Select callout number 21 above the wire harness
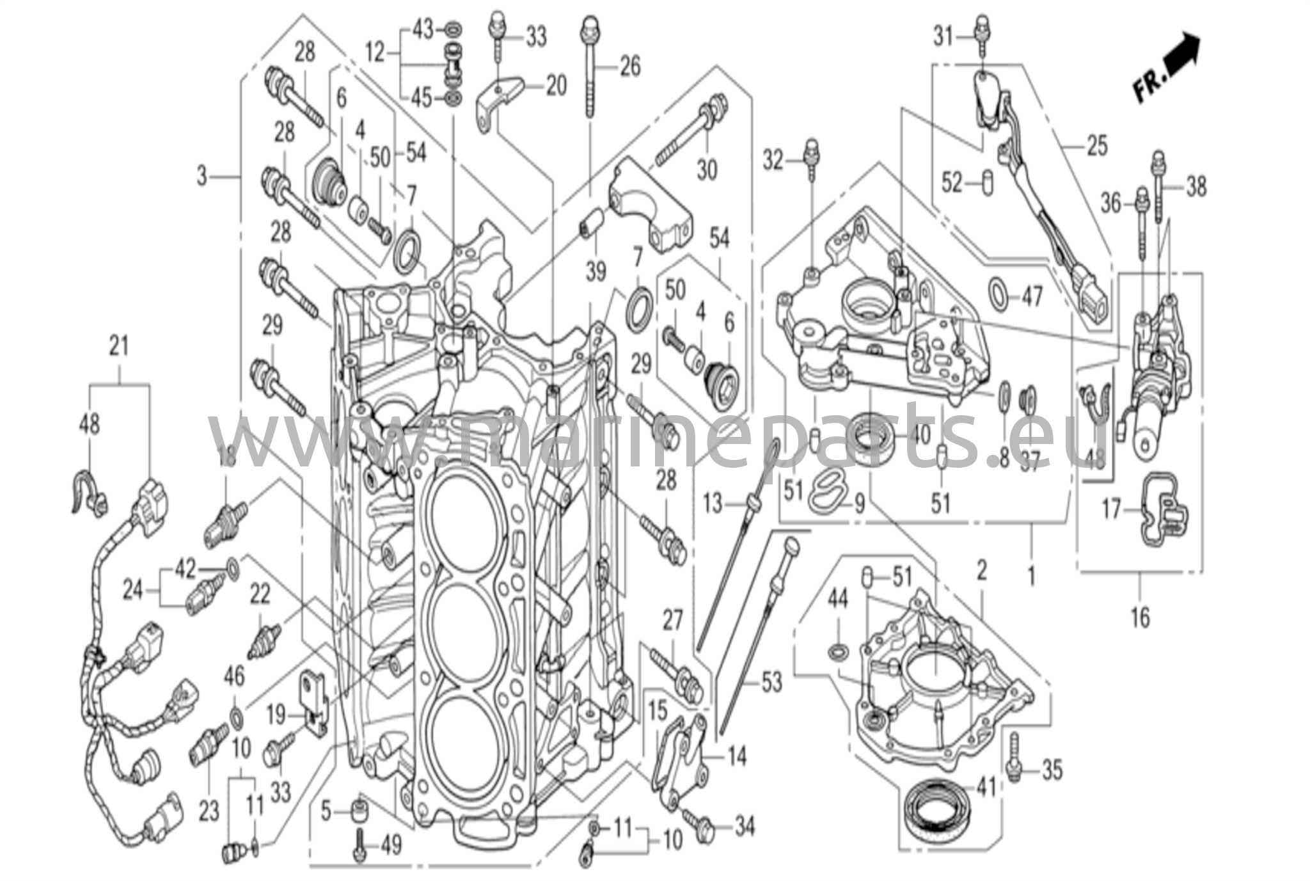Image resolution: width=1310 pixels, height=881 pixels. pos(119,346)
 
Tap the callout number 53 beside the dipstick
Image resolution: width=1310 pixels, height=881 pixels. pos(771,683)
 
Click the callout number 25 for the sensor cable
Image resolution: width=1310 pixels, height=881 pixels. pos(1096,146)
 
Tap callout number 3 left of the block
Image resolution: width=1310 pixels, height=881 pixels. pos(202,175)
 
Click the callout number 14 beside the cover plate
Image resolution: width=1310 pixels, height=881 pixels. pos(738,757)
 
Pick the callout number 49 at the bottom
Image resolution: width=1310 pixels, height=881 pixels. pos(391,846)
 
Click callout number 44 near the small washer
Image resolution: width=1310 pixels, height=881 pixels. pos(837,599)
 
